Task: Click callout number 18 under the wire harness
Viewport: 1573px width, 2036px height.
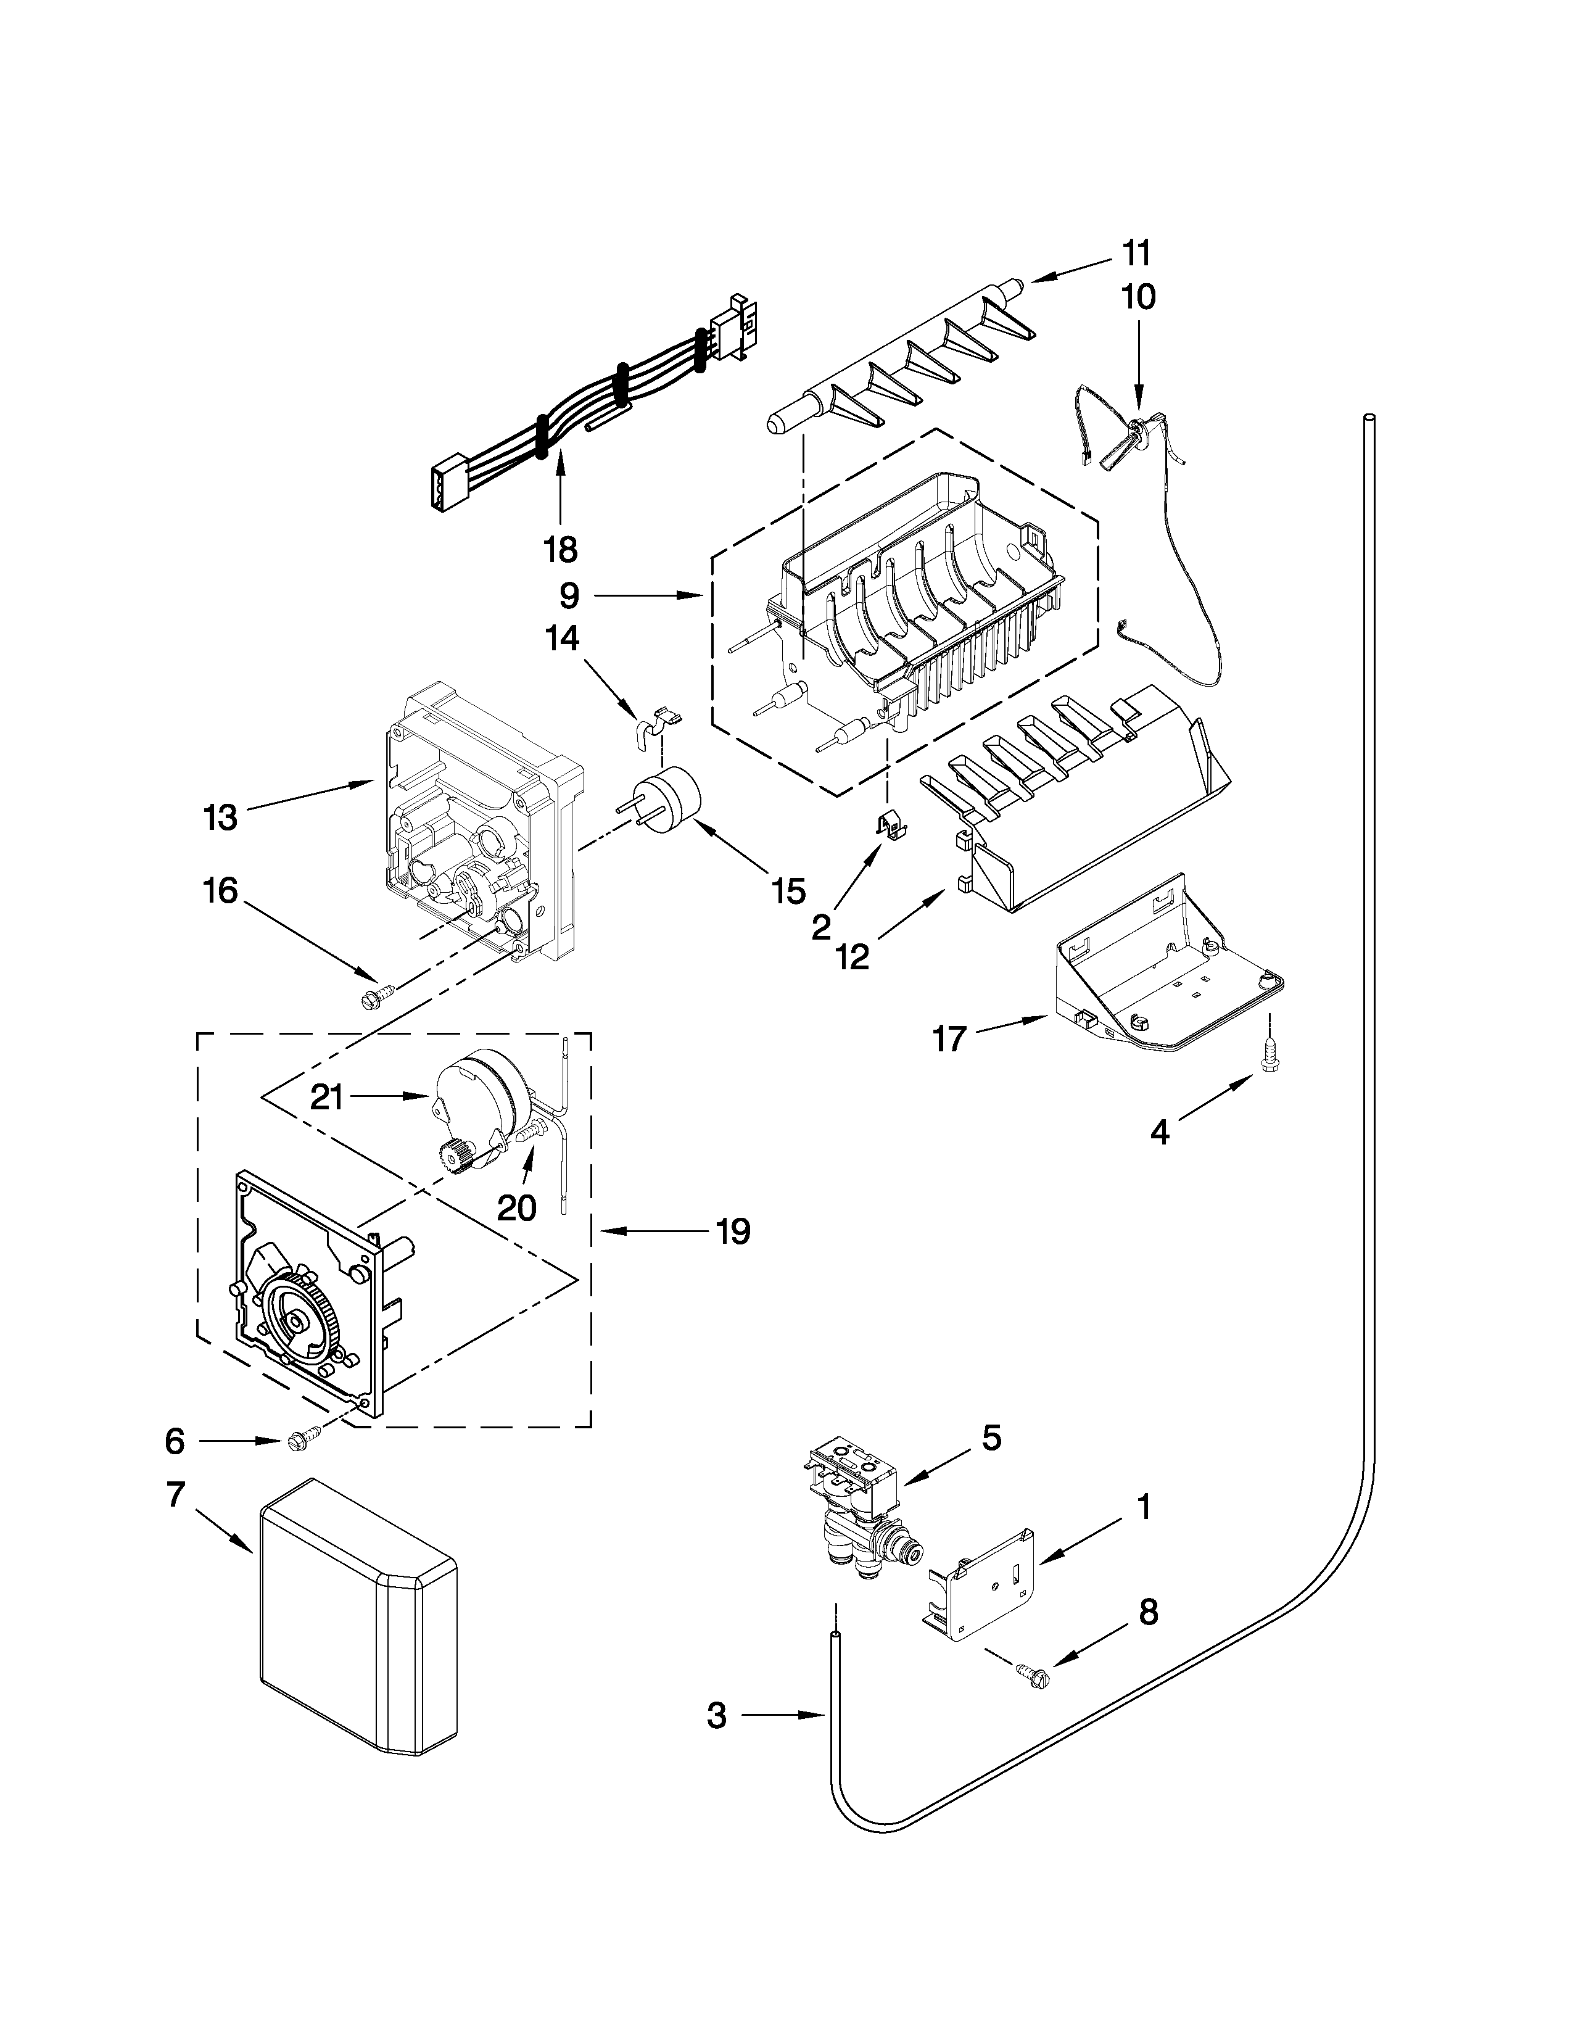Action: click(x=560, y=549)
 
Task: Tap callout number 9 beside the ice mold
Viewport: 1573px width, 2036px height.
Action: click(x=569, y=595)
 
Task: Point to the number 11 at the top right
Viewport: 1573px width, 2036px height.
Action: click(x=1136, y=254)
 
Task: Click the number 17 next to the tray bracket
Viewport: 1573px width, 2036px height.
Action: click(x=949, y=1038)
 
